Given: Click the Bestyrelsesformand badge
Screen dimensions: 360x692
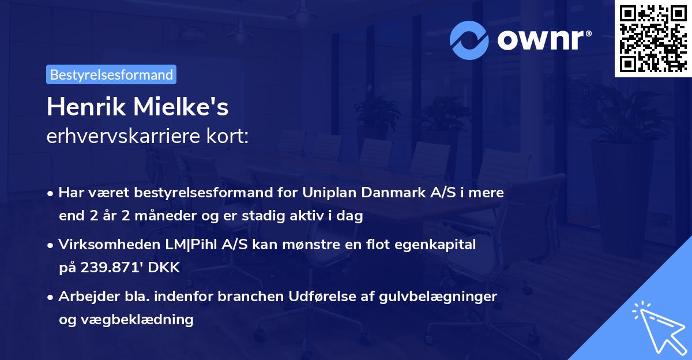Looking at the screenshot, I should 111,74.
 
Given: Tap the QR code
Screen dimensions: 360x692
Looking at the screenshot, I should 652,39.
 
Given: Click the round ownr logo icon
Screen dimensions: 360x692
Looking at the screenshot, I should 470,40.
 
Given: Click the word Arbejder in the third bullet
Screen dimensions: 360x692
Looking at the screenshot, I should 84,296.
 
